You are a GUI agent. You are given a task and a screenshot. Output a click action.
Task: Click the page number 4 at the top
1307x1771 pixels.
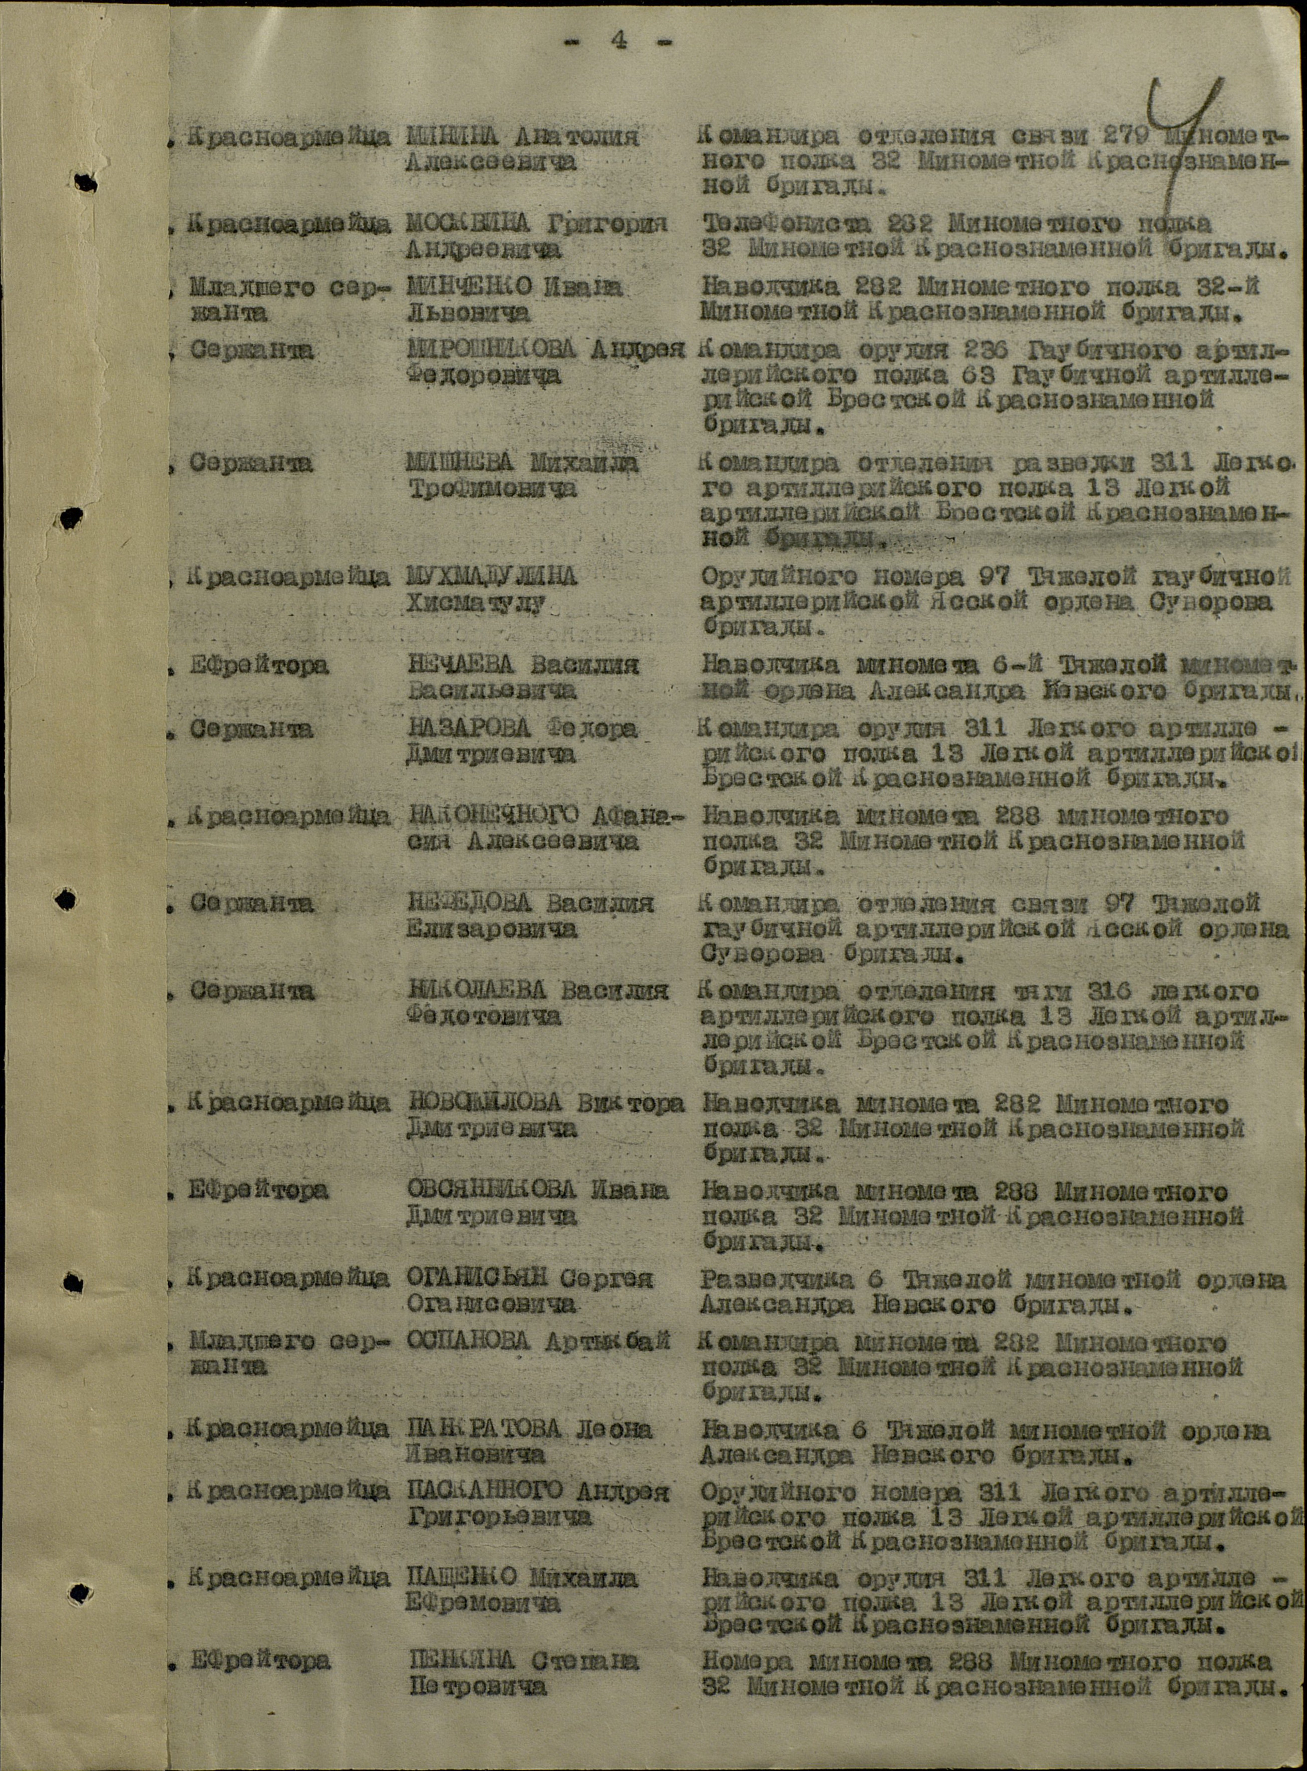[618, 41]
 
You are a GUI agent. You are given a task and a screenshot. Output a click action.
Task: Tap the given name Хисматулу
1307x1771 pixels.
[476, 603]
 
